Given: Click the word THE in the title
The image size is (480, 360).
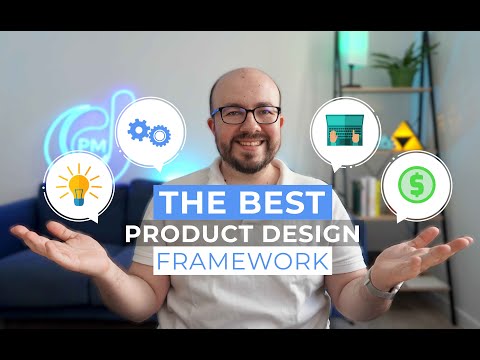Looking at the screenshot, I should (x=195, y=202).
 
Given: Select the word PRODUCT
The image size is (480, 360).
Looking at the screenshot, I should (x=181, y=233).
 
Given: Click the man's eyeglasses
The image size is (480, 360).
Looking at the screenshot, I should (x=245, y=114).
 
